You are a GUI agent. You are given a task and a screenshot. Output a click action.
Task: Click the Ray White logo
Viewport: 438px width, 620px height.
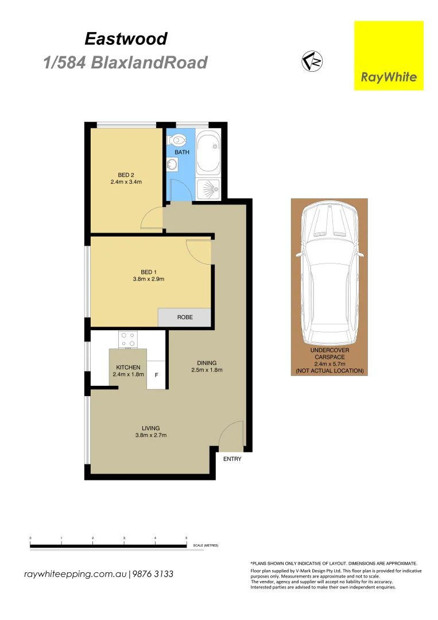pyautogui.click(x=389, y=56)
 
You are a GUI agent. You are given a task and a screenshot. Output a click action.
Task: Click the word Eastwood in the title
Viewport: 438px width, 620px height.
pyautogui.click(x=126, y=38)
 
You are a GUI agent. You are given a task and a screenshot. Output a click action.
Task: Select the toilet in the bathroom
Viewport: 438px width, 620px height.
pyautogui.click(x=179, y=139)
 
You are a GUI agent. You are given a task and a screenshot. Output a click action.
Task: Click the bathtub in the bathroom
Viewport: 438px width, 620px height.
pyautogui.click(x=208, y=152)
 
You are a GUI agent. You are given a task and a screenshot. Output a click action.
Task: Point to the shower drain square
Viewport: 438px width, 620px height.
pyautogui.click(x=208, y=188)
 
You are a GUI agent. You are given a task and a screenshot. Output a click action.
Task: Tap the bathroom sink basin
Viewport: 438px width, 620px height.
pyautogui.click(x=172, y=165)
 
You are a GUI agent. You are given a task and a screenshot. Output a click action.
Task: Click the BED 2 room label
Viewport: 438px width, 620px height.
pyautogui.click(x=126, y=175)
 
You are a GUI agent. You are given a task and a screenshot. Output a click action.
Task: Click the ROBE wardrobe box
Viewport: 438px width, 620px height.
pyautogui.click(x=185, y=317)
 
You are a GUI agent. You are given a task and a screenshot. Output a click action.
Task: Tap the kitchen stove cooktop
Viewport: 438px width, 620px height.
pyautogui.click(x=129, y=340)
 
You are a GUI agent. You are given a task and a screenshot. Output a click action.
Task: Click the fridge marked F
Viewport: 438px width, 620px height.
pyautogui.click(x=156, y=375)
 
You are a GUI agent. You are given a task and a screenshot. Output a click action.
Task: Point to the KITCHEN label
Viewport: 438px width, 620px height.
pyautogui.click(x=128, y=367)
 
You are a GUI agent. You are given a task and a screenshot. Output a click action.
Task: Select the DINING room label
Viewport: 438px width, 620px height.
pyautogui.click(x=207, y=363)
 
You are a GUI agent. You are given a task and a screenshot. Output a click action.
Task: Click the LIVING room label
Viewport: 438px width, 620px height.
pyautogui.click(x=151, y=428)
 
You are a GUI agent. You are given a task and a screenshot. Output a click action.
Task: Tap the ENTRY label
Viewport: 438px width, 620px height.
pyautogui.click(x=232, y=459)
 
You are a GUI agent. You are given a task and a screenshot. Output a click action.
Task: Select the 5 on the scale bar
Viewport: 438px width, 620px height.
pyautogui.click(x=186, y=538)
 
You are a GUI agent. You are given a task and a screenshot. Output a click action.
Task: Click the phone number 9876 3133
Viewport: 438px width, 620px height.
pyautogui.click(x=153, y=574)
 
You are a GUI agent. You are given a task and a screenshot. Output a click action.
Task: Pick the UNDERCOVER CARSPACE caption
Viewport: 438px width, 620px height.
pyautogui.click(x=330, y=353)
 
